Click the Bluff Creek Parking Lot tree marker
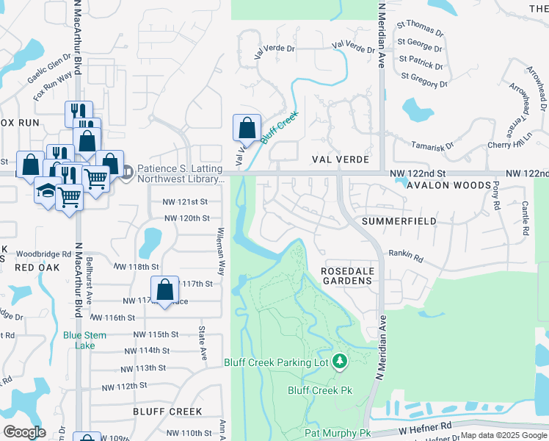pyautogui.click(x=339, y=361)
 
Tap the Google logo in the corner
pyautogui.click(x=24, y=431)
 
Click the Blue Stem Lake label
pyautogui.click(x=84, y=340)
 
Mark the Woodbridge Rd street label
pyautogui.click(x=40, y=254)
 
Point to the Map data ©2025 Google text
pyautogui.click(x=503, y=435)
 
